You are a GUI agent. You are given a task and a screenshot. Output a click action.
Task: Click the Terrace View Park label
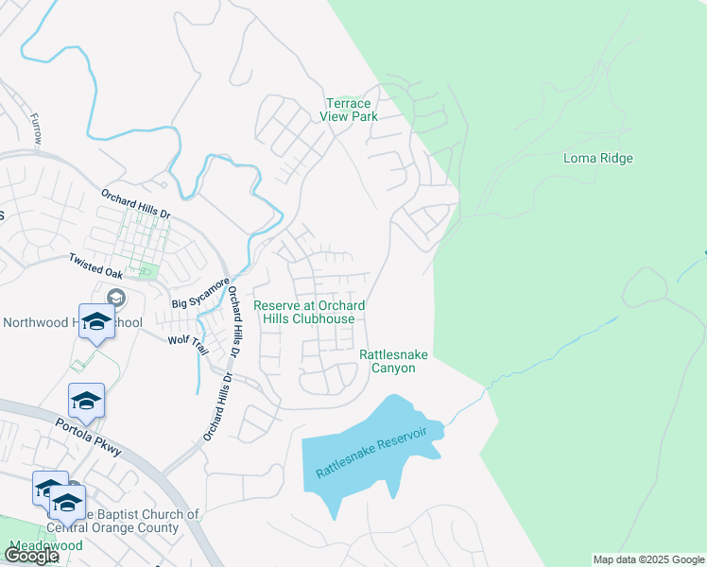pos(349,110)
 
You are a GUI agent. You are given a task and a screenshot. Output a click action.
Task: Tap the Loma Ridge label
pos(597,158)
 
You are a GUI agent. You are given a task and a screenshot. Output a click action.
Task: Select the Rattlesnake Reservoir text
pos(371,453)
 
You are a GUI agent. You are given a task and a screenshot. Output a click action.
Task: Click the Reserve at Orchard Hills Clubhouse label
pos(309,312)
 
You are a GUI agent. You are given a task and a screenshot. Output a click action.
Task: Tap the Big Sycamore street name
pos(200,294)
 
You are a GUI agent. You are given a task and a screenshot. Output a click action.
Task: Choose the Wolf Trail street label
pos(187,339)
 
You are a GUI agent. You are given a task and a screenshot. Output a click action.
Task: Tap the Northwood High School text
pos(72,322)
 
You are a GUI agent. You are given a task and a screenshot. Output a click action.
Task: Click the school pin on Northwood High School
pos(96,322)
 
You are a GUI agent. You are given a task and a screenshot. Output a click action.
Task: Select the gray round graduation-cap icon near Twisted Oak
pos(116,298)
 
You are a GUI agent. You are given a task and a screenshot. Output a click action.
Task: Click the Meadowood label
pos(44,546)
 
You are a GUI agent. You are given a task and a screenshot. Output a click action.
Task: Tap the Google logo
pos(31,556)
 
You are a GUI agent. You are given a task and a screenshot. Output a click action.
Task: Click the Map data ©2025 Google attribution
pos(648,559)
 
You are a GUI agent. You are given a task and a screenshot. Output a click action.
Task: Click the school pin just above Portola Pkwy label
pos(86,401)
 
